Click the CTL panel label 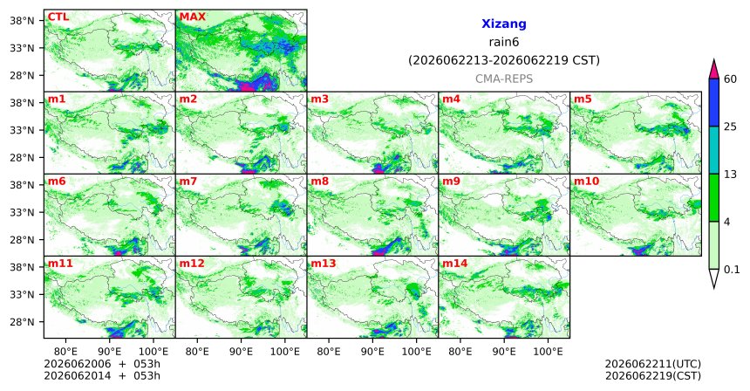pos(58,17)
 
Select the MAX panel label pos(192,17)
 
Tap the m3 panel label pos(319,99)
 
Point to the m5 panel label pos(583,99)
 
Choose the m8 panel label pos(319,182)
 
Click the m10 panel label pos(586,182)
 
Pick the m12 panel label pos(191,264)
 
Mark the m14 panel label pos(454,264)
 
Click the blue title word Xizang pos(504,24)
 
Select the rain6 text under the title pos(504,42)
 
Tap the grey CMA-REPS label pos(504,79)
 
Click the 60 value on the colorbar pos(730,79)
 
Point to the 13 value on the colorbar pos(730,175)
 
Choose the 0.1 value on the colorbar pos(732,270)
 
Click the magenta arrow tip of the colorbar pos(714,60)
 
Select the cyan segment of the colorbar pos(714,150)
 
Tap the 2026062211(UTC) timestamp pos(653,365)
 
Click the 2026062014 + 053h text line pos(102,375)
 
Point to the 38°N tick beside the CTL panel pos(23,21)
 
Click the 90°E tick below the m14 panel pos(504,352)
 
